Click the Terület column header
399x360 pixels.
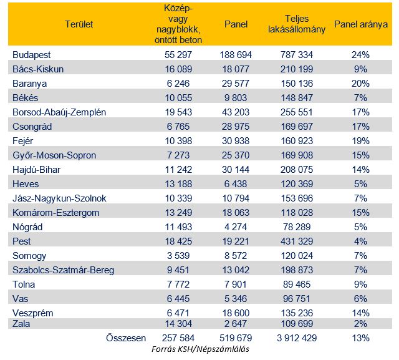point(79,24)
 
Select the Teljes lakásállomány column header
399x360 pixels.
point(297,24)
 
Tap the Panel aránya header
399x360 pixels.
point(361,24)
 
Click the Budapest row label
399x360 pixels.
point(32,55)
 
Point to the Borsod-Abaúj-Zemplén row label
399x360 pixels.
point(59,112)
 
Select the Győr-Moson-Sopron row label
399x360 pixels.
point(54,155)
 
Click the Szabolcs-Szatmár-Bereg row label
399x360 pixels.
point(64,270)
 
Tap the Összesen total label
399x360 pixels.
point(126,338)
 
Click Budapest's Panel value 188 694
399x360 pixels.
point(236,55)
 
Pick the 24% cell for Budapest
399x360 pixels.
point(360,55)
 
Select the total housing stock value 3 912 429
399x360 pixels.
point(297,338)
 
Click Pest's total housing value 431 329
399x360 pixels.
point(297,241)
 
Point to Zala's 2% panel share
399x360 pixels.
point(360,324)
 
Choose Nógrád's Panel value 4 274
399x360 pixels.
point(236,227)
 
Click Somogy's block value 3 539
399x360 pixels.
point(178,256)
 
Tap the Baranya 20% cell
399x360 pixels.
point(360,84)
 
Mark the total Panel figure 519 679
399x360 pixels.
point(236,338)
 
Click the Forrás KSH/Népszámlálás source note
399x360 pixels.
point(200,349)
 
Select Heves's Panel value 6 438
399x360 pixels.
point(236,184)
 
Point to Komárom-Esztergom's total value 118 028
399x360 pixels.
point(297,213)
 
